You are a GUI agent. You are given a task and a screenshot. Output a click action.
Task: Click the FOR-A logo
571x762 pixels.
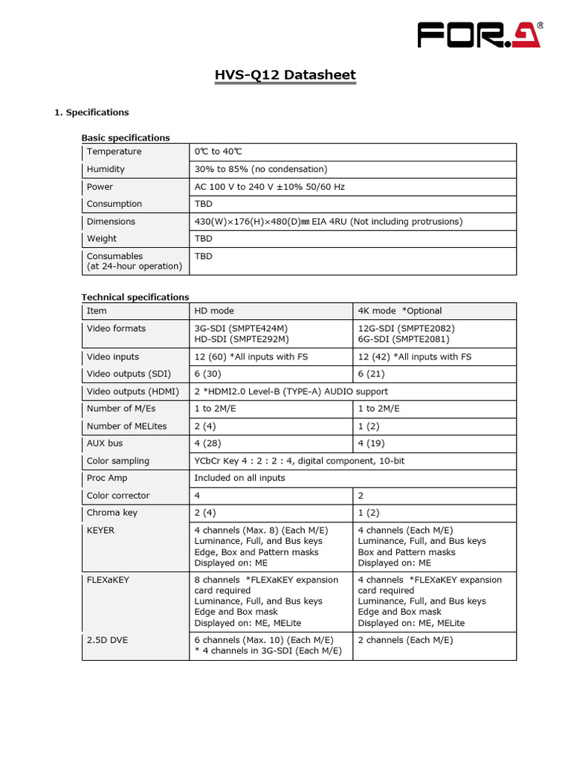tap(480, 36)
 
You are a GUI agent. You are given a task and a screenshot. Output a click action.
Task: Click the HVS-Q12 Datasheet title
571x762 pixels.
tap(285, 75)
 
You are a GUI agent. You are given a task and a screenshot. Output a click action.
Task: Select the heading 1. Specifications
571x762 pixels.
tap(91, 112)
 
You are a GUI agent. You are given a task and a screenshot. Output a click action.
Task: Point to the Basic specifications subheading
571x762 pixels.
tap(126, 138)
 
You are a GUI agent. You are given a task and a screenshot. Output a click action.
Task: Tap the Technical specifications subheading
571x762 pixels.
tap(135, 297)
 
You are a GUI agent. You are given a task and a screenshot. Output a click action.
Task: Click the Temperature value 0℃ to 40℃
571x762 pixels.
tap(219, 152)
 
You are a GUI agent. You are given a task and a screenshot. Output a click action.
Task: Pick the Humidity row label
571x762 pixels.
tap(106, 169)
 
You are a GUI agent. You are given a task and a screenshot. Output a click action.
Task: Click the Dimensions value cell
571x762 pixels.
tap(328, 221)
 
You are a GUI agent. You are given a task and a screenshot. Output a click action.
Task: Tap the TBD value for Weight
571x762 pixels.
tap(203, 239)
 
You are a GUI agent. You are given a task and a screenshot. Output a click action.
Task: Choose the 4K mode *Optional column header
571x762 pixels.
tap(399, 311)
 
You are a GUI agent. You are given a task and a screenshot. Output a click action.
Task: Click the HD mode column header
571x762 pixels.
tap(214, 311)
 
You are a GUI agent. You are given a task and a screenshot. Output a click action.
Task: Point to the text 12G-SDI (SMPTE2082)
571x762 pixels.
tap(406, 328)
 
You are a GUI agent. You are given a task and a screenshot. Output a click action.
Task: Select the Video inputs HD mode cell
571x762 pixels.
tap(251, 356)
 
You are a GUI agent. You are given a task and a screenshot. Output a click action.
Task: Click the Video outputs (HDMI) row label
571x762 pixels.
tap(126, 391)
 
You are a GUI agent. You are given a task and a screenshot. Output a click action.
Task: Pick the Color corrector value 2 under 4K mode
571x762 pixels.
tap(361, 496)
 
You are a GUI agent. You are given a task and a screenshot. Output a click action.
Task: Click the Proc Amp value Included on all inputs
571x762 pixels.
tap(239, 478)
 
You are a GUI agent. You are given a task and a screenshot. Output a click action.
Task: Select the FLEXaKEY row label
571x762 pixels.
tap(108, 580)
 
